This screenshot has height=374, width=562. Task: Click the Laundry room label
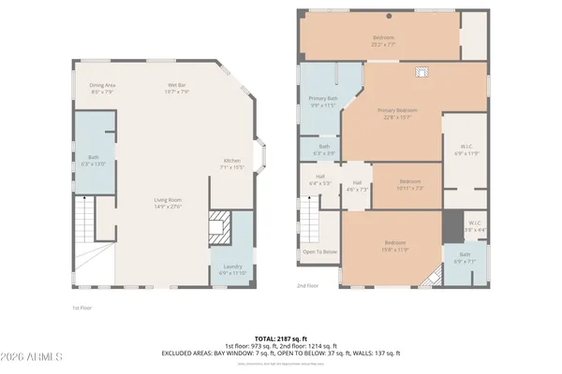[x=233, y=268]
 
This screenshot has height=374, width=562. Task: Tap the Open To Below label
[x=319, y=252]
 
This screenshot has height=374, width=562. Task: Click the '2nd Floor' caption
[x=307, y=285]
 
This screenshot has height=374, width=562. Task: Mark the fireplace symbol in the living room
[x=218, y=223]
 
